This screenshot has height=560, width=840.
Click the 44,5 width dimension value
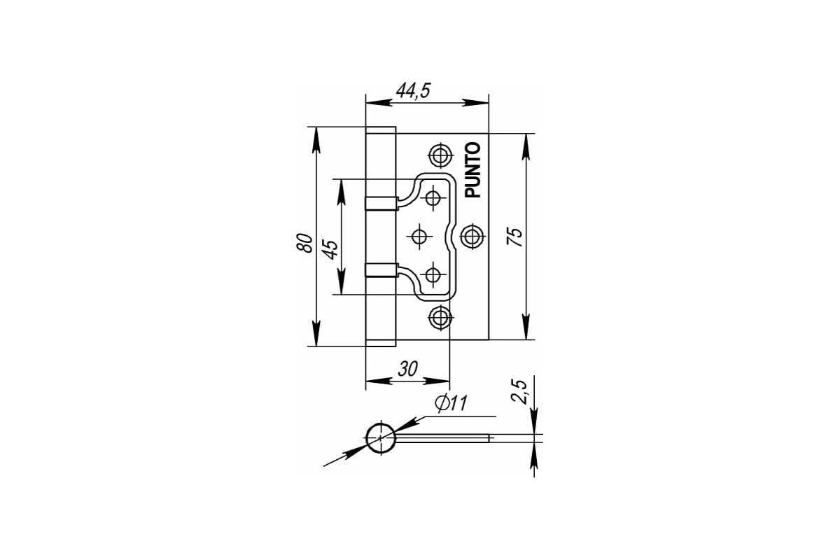(x=413, y=90)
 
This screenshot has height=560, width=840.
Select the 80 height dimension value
(x=304, y=243)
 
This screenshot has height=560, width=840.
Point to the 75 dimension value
(x=514, y=237)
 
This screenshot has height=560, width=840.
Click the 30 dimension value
(x=407, y=370)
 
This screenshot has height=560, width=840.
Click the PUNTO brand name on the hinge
(x=473, y=170)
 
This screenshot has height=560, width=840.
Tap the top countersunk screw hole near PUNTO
(x=440, y=155)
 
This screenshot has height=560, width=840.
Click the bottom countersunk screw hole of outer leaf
(x=439, y=317)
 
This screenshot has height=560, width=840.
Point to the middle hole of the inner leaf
(x=419, y=237)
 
